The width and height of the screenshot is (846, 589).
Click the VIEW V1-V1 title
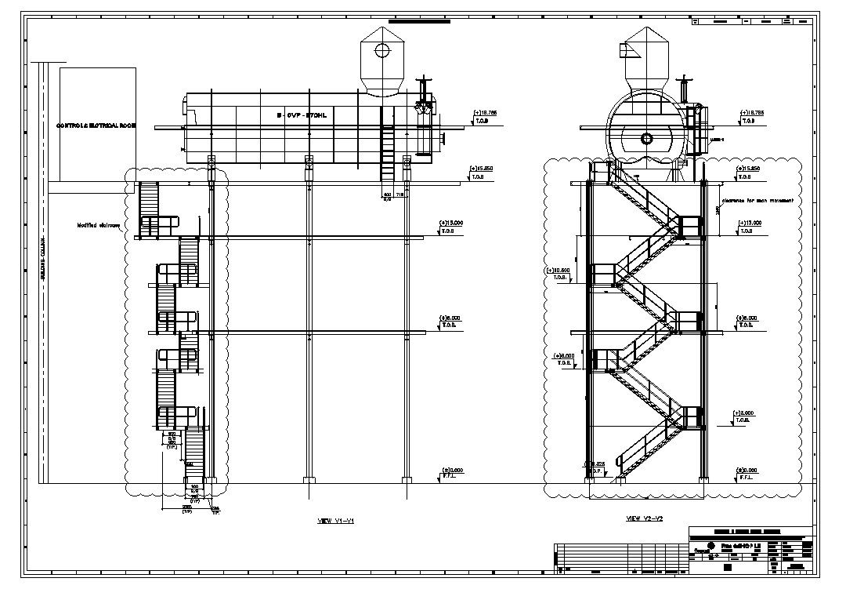point(336,521)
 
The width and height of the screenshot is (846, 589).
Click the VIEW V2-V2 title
point(645,518)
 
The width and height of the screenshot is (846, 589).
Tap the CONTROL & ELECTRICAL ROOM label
point(96,125)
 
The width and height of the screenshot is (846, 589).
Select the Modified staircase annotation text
point(98,226)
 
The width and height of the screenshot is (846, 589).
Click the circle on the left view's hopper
point(382,52)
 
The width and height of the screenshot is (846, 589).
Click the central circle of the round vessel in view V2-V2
point(646,139)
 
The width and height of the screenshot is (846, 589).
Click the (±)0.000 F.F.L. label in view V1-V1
point(451,473)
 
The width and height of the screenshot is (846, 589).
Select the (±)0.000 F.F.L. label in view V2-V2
point(750,473)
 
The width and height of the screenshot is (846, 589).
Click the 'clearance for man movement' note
point(757,201)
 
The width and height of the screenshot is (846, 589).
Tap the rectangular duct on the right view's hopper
point(627,50)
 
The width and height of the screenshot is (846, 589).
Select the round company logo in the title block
point(710,546)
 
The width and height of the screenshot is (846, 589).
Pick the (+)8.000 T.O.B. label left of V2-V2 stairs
point(564,358)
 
